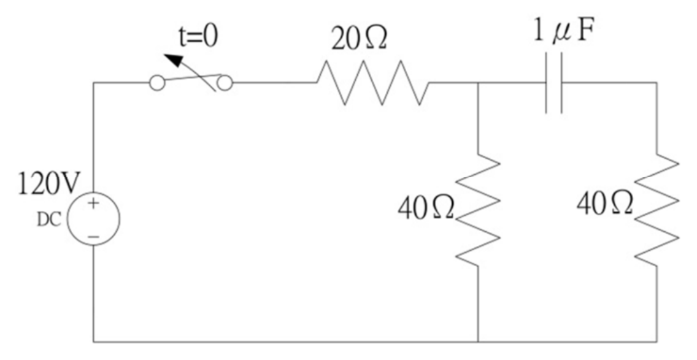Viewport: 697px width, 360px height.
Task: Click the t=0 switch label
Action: point(199,37)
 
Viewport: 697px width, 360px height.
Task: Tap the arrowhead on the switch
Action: point(174,60)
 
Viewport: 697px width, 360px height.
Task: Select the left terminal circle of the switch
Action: point(157,83)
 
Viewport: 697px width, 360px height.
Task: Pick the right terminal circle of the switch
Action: point(225,83)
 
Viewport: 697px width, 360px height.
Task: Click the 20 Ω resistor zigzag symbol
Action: point(373,83)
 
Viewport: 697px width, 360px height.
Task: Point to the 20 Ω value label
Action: point(359,40)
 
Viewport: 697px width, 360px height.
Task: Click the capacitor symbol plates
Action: point(554,83)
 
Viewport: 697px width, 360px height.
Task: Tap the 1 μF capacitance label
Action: point(564,33)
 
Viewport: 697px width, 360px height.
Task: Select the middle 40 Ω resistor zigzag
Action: point(479,210)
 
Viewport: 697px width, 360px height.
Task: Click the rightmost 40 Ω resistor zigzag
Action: point(657,210)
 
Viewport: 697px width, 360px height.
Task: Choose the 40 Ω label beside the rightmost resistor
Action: point(605,204)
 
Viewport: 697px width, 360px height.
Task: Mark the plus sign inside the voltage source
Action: point(93,204)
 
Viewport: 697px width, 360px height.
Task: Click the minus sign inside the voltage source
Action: point(93,237)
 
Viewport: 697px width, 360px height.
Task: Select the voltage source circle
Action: point(93,193)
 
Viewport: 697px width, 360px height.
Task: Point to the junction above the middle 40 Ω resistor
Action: point(479,83)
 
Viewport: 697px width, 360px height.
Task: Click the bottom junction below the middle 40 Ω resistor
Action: point(479,342)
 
